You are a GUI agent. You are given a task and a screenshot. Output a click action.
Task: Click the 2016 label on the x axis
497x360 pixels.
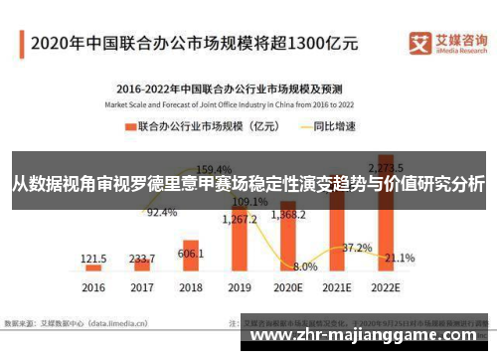tap(93, 288)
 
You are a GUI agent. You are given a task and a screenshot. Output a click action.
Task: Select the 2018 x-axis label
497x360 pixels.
tap(192, 288)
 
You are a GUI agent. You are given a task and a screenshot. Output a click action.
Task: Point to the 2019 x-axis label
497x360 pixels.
tap(241, 288)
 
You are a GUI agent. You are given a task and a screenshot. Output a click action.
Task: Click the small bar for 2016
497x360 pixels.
tap(94, 268)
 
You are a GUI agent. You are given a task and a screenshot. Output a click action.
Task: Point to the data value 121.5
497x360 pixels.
tap(94, 258)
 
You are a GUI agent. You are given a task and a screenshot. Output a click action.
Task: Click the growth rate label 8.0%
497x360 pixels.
tap(305, 267)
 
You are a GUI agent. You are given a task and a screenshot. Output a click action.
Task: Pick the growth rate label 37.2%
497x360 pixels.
tap(357, 247)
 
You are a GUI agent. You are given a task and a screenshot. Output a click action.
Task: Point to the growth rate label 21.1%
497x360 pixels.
tap(400, 258)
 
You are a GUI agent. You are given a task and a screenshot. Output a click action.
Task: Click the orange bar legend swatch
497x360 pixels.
tap(129, 126)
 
